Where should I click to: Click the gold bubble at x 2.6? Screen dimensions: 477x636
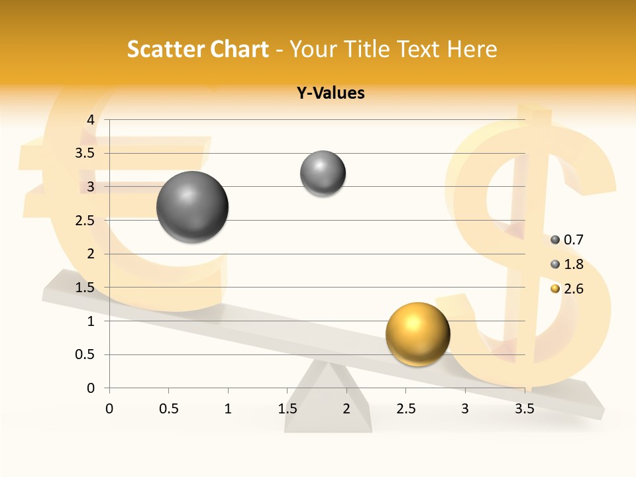[x=417, y=335]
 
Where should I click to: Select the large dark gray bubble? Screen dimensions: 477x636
[x=192, y=207]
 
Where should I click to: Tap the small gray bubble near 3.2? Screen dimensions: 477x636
[x=323, y=174]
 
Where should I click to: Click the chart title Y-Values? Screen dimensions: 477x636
[x=330, y=93]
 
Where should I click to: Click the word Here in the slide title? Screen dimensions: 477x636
[x=472, y=49]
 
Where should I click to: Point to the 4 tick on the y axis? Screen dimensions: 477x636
[x=91, y=119]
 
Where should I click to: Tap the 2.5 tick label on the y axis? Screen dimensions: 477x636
[x=84, y=221]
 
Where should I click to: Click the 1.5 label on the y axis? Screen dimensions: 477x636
[x=84, y=288]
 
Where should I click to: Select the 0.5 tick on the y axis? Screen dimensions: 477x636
[x=84, y=354]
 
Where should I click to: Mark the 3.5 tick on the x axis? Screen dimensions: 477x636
[x=524, y=409]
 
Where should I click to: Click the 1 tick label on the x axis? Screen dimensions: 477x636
[x=228, y=409]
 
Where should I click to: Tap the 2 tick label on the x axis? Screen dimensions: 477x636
[x=346, y=409]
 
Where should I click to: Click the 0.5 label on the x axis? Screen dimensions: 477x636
[x=168, y=409]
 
